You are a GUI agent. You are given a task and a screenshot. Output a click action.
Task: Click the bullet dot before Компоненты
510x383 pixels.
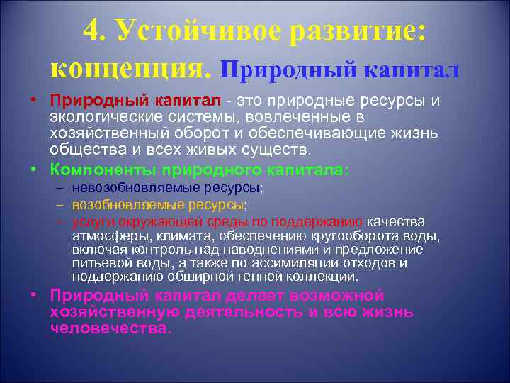[x=34, y=171]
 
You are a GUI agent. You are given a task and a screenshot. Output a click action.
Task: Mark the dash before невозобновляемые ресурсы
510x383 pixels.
[x=57, y=189]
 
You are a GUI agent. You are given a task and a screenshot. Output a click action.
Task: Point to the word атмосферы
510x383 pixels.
[x=103, y=236]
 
